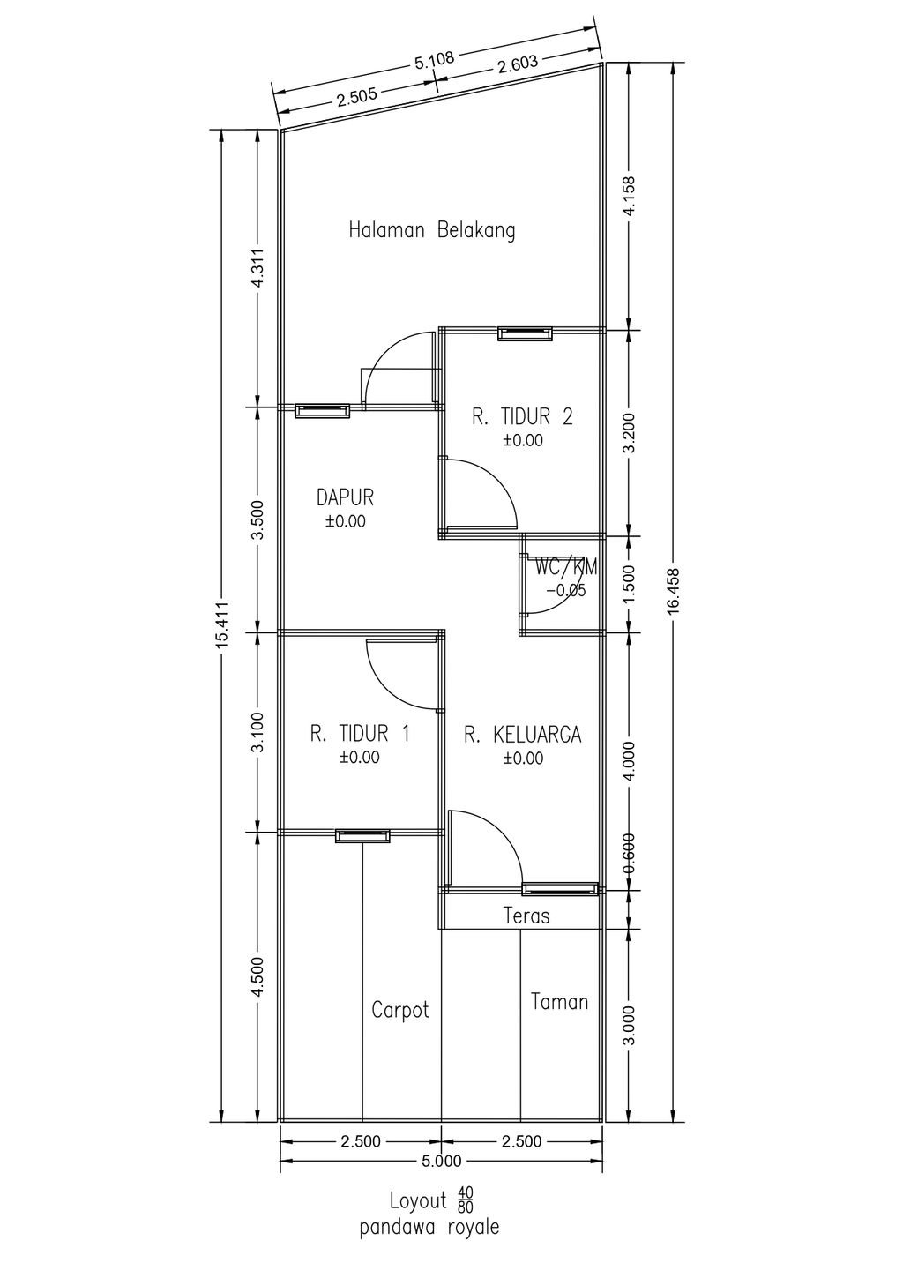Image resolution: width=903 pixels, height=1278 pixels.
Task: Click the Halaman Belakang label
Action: [432, 230]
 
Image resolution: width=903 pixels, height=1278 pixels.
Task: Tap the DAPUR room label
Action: [345, 497]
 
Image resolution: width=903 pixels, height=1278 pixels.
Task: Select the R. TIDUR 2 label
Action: [522, 417]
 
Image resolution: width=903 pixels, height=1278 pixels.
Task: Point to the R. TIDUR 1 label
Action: [360, 733]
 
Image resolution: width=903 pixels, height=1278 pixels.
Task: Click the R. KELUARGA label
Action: [523, 735]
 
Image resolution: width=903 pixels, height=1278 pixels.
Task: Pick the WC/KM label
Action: [565, 567]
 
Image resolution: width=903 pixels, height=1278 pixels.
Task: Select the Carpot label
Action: [399, 1010]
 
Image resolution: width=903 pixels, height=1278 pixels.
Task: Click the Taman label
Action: [559, 1002]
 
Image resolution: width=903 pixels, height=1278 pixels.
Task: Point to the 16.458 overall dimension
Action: [674, 591]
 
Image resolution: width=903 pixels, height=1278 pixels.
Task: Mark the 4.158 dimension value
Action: [630, 197]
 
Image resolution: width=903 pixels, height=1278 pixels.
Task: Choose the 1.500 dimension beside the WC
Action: [629, 584]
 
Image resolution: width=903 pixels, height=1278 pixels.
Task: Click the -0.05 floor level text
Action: [566, 591]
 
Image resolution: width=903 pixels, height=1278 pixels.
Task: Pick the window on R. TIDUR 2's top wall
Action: [525, 333]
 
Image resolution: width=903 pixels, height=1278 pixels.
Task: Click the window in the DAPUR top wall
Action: [322, 411]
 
